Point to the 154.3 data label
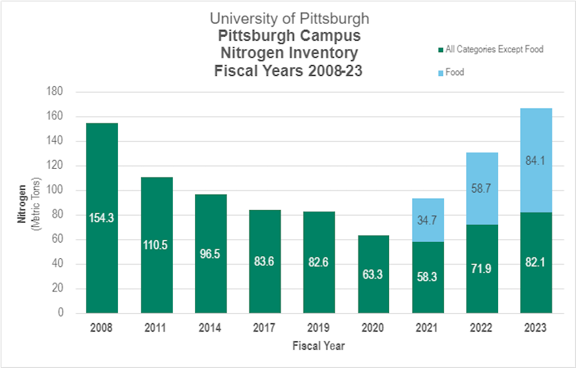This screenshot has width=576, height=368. coord(102,218)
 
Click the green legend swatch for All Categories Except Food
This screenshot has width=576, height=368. coord(441,49)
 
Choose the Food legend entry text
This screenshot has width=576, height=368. coord(455,72)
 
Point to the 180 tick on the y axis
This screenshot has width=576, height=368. coord(56,91)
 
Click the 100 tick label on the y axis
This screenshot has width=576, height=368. coord(56,190)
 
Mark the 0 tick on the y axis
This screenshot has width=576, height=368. coord(61,313)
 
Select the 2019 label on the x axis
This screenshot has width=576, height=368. coord(319,329)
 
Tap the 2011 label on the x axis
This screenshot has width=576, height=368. coord(157,329)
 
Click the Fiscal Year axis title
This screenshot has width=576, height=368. coord(318,346)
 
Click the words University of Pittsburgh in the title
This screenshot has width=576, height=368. coord(289,18)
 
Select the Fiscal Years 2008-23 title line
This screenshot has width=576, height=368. coord(289,70)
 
